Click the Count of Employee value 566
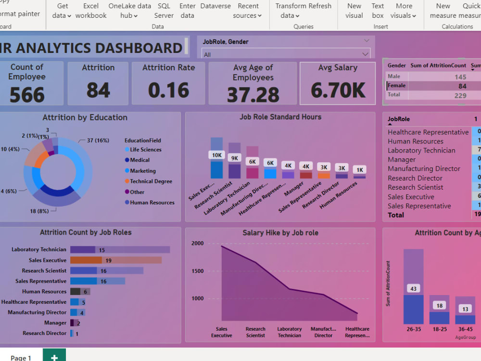[x=27, y=95]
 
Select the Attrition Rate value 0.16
[x=168, y=90]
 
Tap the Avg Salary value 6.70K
[x=338, y=90]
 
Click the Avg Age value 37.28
[x=253, y=95]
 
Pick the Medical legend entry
[x=139, y=160]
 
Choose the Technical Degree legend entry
[x=151, y=181]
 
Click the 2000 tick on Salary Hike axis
[x=198, y=244]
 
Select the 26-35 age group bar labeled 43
[x=413, y=288]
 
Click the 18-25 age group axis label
[x=439, y=329]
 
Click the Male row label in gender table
[x=394, y=77]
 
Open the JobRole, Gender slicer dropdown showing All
[x=286, y=54]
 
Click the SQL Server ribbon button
[x=164, y=11]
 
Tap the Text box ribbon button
[x=378, y=11]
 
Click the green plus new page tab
[x=54, y=356]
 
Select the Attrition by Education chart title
[x=85, y=117]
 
